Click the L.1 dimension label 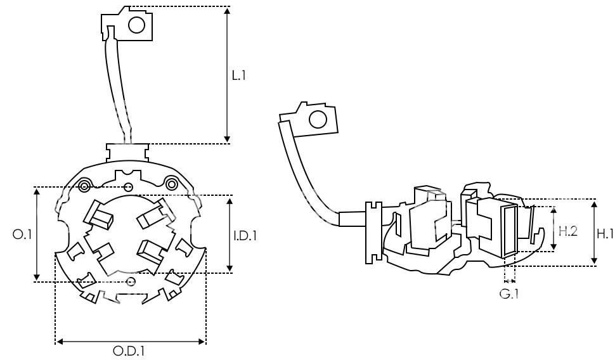point(238,75)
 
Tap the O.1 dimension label point(22,235)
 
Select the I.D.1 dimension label point(245,236)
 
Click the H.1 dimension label point(605,234)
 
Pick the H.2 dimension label point(568,231)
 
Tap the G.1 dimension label point(508,293)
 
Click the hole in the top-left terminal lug point(136,25)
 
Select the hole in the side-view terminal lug point(318,119)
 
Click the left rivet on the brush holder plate point(84,186)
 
